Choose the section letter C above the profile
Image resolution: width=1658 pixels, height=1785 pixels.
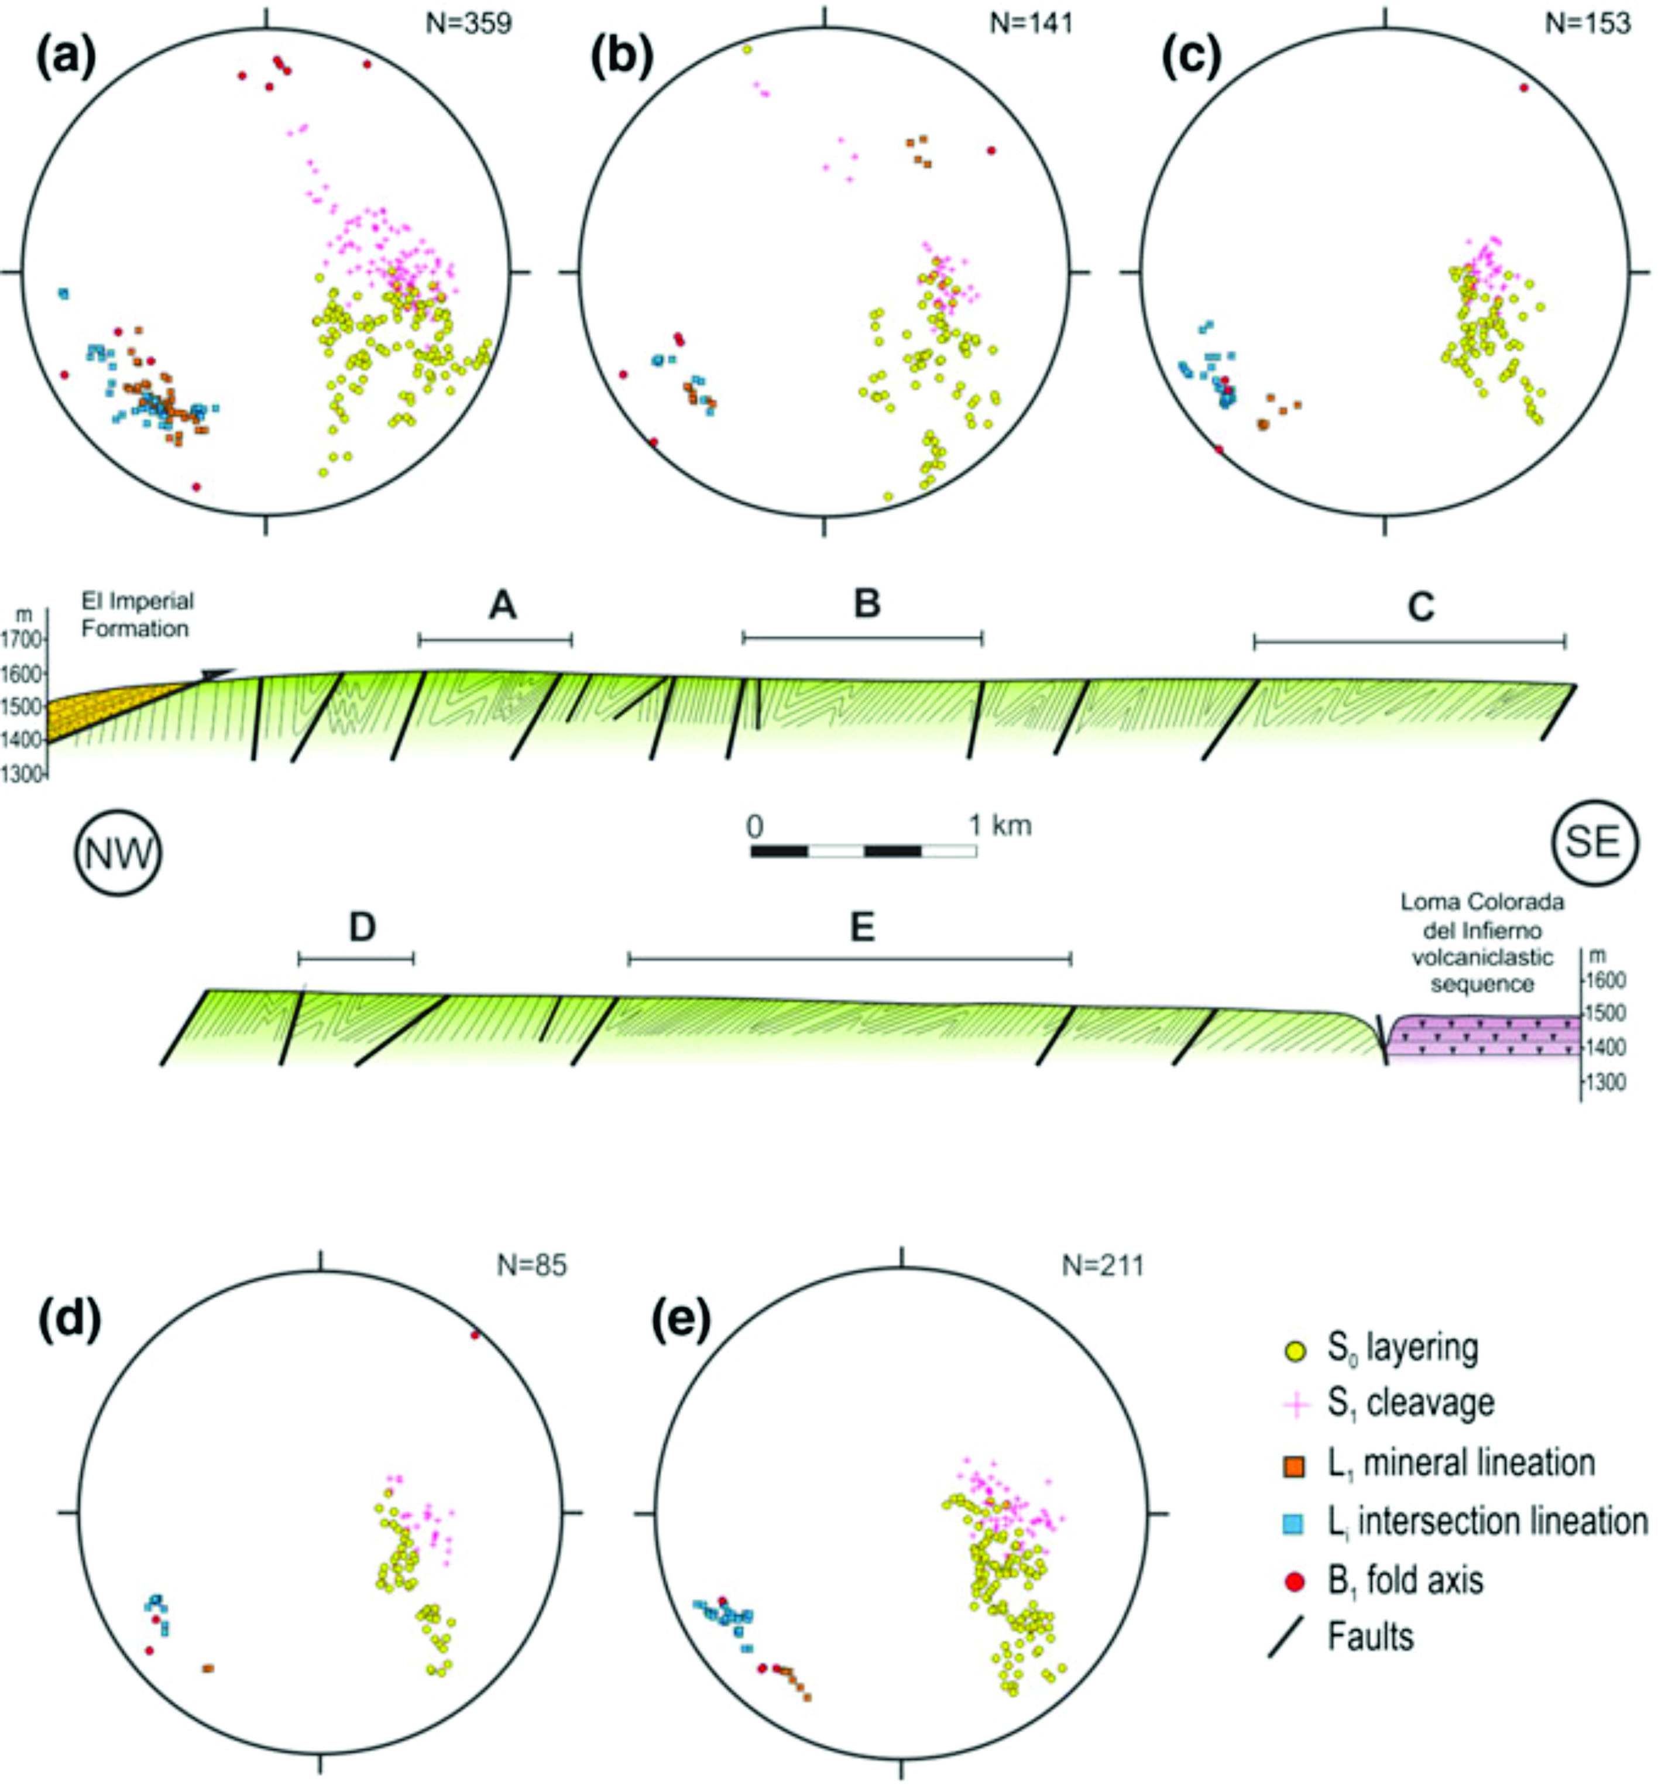1421,607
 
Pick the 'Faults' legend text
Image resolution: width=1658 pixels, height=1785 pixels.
1370,1636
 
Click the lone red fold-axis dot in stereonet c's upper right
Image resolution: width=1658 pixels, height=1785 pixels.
1523,88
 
